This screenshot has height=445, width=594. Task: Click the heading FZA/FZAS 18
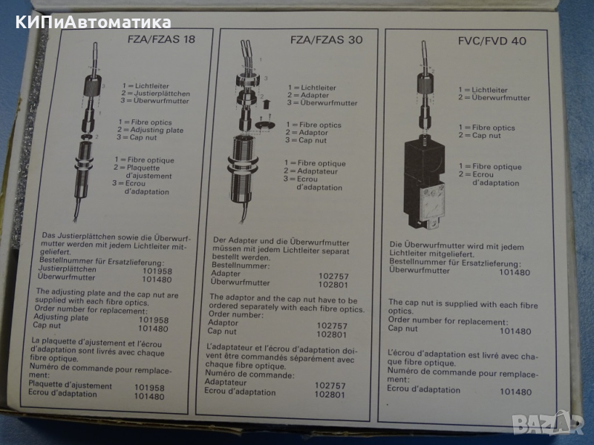click(x=162, y=39)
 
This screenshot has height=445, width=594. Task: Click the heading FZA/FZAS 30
click(x=327, y=39)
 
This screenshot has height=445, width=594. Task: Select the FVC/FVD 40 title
click(x=492, y=41)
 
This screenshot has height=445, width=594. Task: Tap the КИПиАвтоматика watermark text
click(x=94, y=22)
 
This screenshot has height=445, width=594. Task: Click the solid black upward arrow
click(x=267, y=103)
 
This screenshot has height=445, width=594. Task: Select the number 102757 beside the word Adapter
click(x=333, y=276)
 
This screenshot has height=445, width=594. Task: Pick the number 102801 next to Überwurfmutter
click(x=333, y=285)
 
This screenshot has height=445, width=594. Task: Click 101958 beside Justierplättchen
click(x=157, y=271)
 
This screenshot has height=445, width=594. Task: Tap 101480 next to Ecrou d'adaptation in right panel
click(x=515, y=392)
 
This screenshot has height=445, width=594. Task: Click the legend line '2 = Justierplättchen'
click(x=156, y=93)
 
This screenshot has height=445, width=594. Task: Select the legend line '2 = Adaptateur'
click(x=310, y=171)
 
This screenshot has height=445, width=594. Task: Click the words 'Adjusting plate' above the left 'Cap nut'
click(x=61, y=317)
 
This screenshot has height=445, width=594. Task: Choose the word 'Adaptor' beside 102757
click(x=223, y=323)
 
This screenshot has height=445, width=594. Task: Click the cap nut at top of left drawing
click(x=92, y=85)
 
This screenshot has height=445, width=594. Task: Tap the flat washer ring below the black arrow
click(x=265, y=125)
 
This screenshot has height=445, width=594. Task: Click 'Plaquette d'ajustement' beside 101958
click(x=71, y=385)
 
